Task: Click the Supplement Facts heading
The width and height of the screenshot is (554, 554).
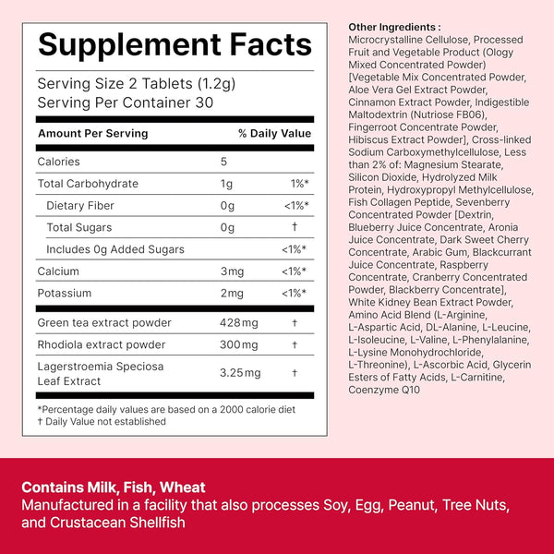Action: click(175, 45)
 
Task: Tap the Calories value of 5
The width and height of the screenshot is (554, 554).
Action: click(224, 162)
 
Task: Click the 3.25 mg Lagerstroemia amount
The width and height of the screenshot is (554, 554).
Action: click(240, 373)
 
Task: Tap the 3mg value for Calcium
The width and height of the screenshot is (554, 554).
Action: click(231, 271)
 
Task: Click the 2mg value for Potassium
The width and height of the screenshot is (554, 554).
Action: click(231, 293)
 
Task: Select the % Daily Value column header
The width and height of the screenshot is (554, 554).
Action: click(274, 134)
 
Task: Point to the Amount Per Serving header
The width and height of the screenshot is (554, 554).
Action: click(92, 134)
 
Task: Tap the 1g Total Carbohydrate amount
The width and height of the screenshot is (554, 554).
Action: click(226, 184)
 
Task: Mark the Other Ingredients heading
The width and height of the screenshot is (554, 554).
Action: click(394, 27)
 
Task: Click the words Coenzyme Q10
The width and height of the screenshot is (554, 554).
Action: click(383, 390)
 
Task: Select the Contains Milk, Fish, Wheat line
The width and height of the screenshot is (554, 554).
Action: click(114, 488)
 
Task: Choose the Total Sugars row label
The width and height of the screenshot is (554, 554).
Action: click(78, 227)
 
